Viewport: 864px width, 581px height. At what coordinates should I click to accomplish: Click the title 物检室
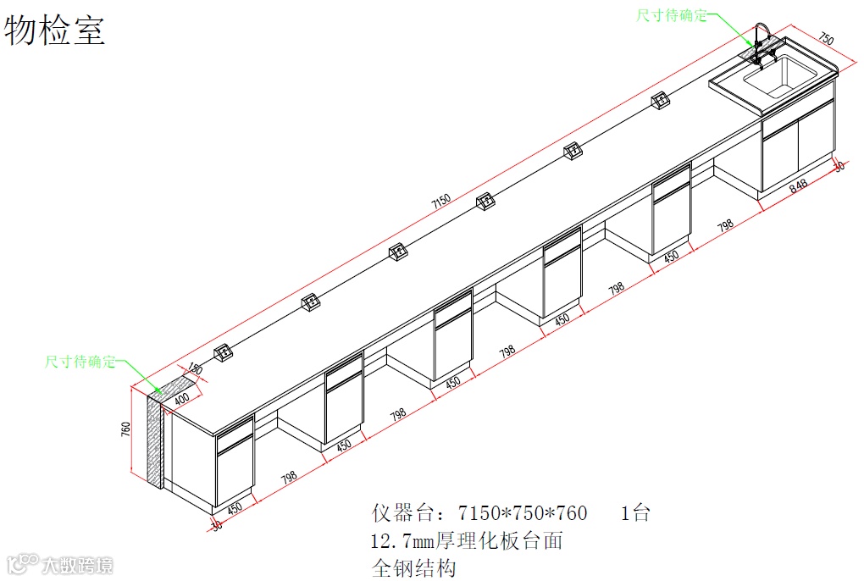[x=55, y=30]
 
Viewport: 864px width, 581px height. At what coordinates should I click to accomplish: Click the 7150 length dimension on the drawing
[x=440, y=202]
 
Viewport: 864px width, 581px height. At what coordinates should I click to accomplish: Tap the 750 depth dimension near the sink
[x=826, y=39]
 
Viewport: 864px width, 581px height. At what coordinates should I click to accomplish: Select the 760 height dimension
[x=126, y=429]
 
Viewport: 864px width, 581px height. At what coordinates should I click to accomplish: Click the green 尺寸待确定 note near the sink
[x=672, y=15]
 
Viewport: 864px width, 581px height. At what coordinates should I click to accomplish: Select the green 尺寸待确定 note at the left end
[x=80, y=362]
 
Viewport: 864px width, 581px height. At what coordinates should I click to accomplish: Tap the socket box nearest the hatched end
[x=223, y=353]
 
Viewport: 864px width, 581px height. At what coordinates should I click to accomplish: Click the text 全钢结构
[x=414, y=567]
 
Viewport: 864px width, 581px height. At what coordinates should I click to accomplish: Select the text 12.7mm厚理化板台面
[x=467, y=540]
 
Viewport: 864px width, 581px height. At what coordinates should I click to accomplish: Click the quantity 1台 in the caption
[x=635, y=512]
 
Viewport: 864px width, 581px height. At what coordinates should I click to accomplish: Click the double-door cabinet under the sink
[x=797, y=149]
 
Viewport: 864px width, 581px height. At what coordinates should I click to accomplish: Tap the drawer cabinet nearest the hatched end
[x=235, y=462]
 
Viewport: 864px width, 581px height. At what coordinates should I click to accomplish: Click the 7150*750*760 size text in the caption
[x=522, y=512]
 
